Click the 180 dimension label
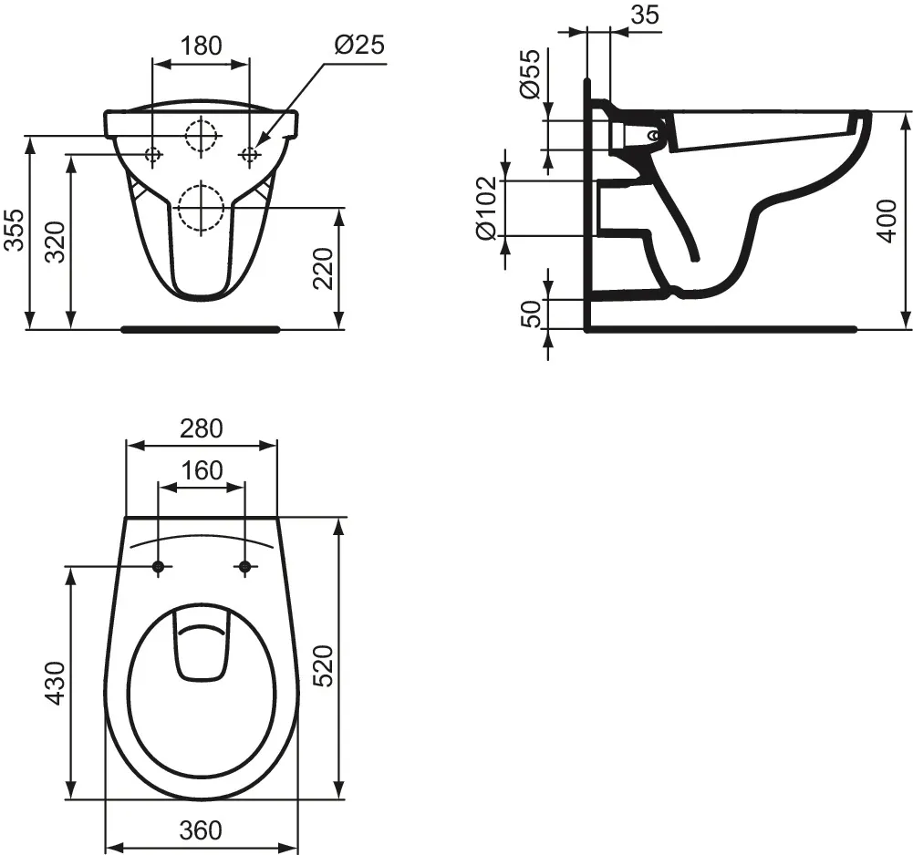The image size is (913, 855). coord(201,46)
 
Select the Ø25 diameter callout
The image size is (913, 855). coord(358,46)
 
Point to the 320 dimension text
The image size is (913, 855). coord(55,242)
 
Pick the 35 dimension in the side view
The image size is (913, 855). coord(644,15)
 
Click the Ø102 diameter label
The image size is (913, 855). coord(487,209)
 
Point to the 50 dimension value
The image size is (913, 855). coord(533,313)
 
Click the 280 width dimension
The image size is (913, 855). coord(201,427)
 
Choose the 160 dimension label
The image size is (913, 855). coord(202,470)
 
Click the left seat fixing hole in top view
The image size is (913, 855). coord(158,568)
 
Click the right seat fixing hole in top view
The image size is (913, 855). coord(244,568)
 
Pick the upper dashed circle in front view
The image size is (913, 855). coord(201,136)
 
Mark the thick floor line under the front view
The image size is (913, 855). coord(201,329)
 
